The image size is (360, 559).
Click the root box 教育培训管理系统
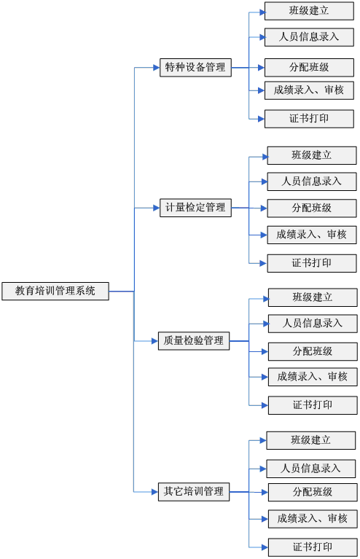(55, 291)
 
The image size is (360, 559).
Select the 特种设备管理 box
(195, 67)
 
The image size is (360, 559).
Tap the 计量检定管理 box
(195, 208)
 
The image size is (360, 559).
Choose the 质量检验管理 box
(194, 341)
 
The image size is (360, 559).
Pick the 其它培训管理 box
(194, 492)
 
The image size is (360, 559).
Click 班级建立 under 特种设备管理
(309, 11)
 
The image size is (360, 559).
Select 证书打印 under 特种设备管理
(309, 119)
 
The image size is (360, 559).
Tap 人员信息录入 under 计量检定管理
(312, 181)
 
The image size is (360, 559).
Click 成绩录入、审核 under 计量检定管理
(312, 235)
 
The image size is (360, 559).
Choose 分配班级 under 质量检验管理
(313, 351)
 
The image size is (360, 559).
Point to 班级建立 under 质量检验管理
(313, 297)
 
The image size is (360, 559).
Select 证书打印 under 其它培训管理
(313, 547)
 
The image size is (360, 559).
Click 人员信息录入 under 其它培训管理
(311, 469)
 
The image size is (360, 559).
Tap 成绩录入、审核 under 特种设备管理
(309, 90)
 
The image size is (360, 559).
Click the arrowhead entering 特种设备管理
(157, 67)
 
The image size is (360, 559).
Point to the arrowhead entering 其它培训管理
(155, 492)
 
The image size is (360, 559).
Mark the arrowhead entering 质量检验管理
(155, 341)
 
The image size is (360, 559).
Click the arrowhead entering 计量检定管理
(157, 208)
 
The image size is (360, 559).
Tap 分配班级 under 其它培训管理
(313, 493)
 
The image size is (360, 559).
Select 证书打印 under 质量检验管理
(313, 405)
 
